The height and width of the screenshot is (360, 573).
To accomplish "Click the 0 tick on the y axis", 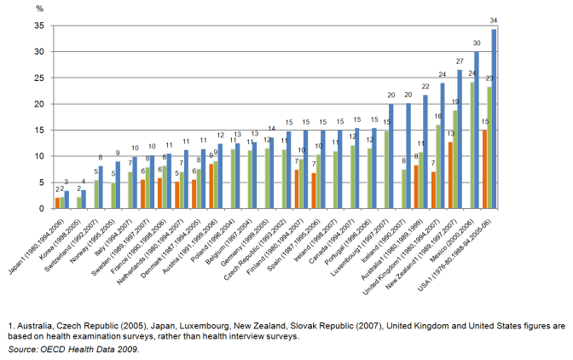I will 38,208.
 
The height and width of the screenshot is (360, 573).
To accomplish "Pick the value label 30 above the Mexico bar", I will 477,43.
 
